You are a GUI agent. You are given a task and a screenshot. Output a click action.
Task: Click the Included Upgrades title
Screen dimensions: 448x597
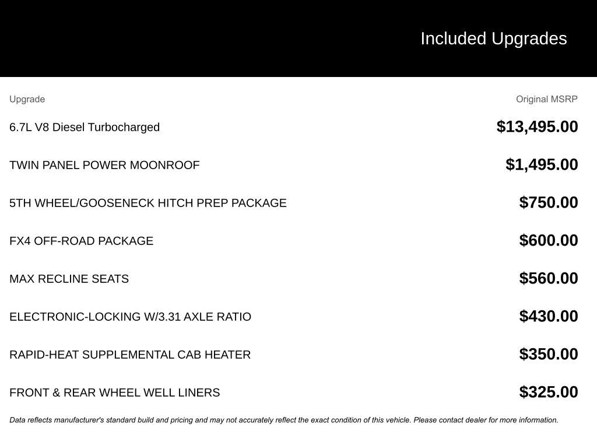coord(493,38)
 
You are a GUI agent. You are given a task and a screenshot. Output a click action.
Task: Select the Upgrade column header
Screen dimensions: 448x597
coord(27,99)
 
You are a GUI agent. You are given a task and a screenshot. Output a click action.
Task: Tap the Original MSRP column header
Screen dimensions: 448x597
coord(546,99)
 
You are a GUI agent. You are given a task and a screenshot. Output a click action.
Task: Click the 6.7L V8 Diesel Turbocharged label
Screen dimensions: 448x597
coord(85,127)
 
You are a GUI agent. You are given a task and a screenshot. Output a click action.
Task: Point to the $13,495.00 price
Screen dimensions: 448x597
coord(537,127)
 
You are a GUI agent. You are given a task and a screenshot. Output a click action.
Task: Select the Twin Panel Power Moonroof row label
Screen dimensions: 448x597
coord(104,165)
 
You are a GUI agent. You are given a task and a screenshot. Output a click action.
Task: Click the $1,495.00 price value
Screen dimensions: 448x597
coord(542,164)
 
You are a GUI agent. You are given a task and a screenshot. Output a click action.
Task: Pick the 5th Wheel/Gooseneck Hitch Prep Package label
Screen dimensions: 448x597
coord(148,203)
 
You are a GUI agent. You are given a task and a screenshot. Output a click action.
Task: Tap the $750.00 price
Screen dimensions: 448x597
coord(549,202)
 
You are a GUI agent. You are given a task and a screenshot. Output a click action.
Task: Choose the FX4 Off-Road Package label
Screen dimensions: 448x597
coord(82,241)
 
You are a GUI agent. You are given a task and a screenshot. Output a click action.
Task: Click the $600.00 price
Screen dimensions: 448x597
coord(549,240)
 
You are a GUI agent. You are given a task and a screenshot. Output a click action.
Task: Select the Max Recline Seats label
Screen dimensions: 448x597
coord(69,279)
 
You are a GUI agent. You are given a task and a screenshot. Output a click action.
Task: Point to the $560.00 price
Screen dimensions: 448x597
coord(549,278)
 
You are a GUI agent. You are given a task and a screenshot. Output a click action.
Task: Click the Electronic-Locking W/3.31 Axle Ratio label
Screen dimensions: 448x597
coord(130,317)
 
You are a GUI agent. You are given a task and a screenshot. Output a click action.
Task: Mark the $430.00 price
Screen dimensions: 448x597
coord(549,316)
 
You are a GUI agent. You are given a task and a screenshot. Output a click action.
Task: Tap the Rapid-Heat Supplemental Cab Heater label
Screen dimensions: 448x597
coord(130,355)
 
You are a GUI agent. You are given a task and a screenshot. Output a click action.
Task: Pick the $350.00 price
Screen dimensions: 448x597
coord(549,354)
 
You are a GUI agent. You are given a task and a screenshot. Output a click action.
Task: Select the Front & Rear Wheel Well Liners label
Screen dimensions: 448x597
coord(115,393)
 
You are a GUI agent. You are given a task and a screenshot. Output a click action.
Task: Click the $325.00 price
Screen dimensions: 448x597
coord(549,392)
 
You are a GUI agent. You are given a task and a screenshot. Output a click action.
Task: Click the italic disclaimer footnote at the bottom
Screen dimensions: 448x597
coord(284,420)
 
